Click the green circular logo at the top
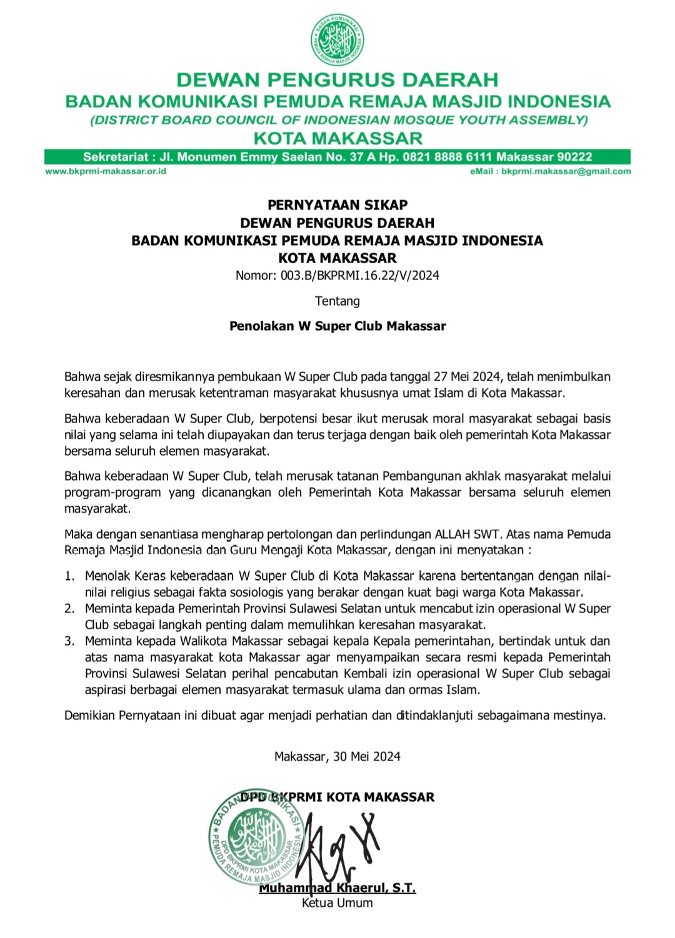pos(337,39)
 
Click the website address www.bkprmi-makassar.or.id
pos(106,171)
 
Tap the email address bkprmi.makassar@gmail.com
pos(566,171)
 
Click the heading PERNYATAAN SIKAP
pos(337,205)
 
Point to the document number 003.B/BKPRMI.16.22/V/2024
pos(359,276)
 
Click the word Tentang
pos(337,301)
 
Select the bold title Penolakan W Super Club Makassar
pos(337,326)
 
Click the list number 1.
pos(69,576)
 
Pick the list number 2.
pos(69,608)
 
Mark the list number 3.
pos(69,641)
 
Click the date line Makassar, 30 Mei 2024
pos(337,757)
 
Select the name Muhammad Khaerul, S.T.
pos(337,888)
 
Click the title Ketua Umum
pos(337,903)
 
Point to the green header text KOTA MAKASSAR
pos(337,138)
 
